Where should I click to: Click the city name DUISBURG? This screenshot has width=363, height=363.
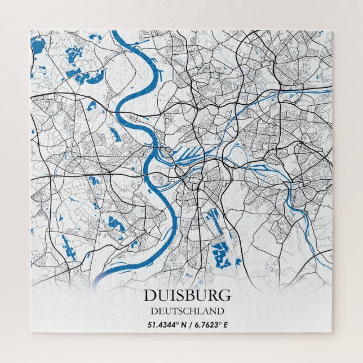[x=187, y=295]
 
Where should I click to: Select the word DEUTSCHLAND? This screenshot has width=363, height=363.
[x=187, y=311]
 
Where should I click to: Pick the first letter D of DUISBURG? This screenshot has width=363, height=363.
[x=149, y=295]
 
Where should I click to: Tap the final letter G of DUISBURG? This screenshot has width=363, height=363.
[x=225, y=295]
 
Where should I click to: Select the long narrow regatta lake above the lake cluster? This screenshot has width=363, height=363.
[x=214, y=218]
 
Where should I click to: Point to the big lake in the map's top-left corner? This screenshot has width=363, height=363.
[x=38, y=45]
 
